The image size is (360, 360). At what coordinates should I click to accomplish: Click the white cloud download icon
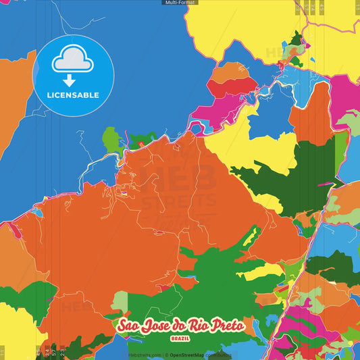pyautogui.click(x=72, y=60)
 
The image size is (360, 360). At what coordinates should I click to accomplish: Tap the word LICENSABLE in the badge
pyautogui.click(x=73, y=95)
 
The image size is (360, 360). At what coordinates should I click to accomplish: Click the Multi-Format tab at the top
pyautogui.click(x=180, y=3)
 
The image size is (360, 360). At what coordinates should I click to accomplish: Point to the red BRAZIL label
pyautogui.click(x=180, y=338)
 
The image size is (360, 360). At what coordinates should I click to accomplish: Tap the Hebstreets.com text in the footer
pyautogui.click(x=143, y=355)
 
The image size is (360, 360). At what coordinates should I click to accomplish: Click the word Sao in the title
pyautogui.click(x=128, y=326)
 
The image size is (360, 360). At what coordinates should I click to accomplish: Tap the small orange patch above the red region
pyautogui.click(x=231, y=70)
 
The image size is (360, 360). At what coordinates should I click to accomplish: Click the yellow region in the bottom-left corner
pyautogui.click(x=17, y=331)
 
